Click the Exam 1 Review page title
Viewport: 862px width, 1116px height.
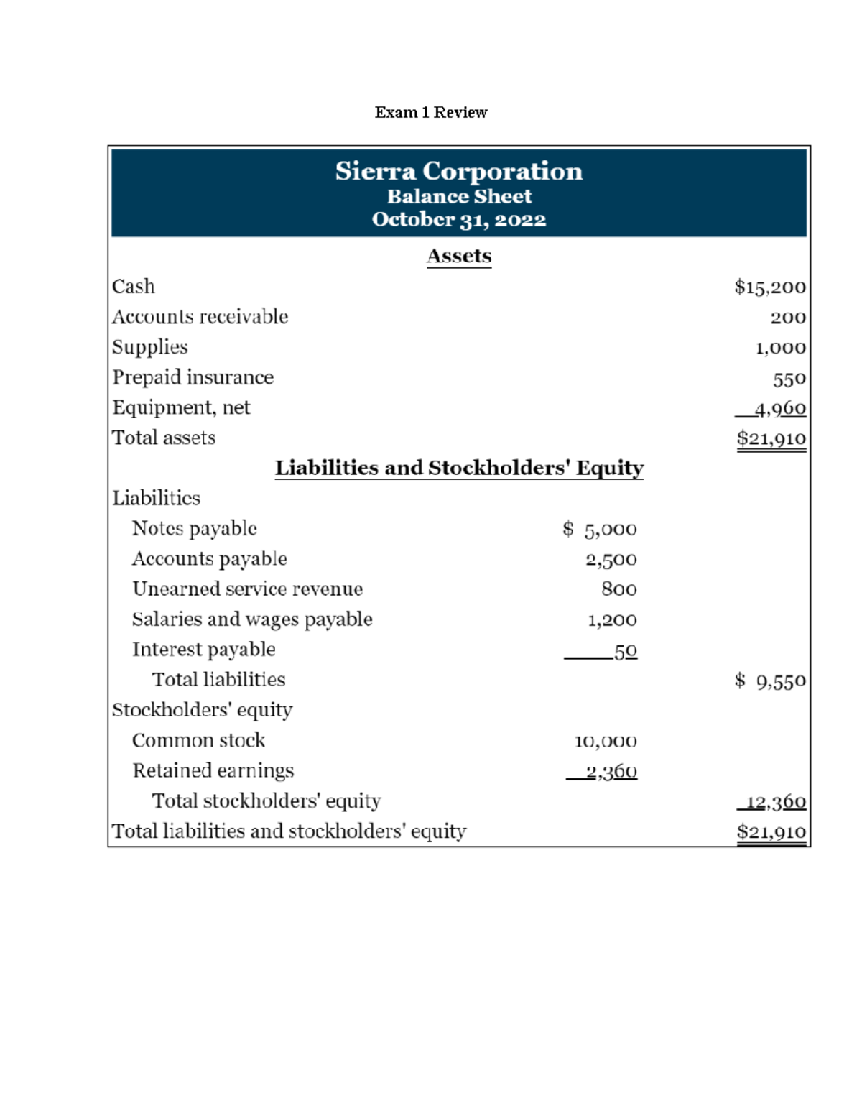pyautogui.click(x=431, y=112)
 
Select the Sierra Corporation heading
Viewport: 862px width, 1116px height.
pyautogui.click(x=459, y=171)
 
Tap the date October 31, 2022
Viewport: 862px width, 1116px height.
pyautogui.click(x=459, y=220)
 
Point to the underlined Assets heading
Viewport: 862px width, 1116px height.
pyautogui.click(x=459, y=256)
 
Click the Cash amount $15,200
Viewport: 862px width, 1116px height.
pyautogui.click(x=770, y=287)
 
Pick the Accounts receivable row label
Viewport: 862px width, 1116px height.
pyautogui.click(x=200, y=317)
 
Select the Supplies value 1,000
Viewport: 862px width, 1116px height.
pyautogui.click(x=781, y=349)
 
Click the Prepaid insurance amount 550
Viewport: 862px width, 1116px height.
pyautogui.click(x=789, y=379)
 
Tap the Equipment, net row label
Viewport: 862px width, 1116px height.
pyautogui.click(x=181, y=408)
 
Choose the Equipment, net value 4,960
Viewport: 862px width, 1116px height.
pyautogui.click(x=780, y=409)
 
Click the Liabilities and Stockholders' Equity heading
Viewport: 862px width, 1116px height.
pyautogui.click(x=459, y=468)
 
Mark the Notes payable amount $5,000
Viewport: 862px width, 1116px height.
pyautogui.click(x=600, y=530)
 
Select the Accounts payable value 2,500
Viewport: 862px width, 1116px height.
pyautogui.click(x=611, y=560)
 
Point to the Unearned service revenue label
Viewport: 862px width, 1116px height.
pyautogui.click(x=248, y=589)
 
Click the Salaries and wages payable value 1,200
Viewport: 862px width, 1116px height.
pyautogui.click(x=612, y=620)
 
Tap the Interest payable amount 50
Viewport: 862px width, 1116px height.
pyautogui.click(x=626, y=651)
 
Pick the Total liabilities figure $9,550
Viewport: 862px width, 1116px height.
pyautogui.click(x=770, y=681)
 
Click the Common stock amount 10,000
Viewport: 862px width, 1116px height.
pyautogui.click(x=606, y=741)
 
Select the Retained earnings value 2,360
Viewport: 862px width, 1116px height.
pyautogui.click(x=611, y=772)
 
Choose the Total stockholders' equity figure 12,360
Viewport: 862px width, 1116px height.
pyautogui.click(x=776, y=802)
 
